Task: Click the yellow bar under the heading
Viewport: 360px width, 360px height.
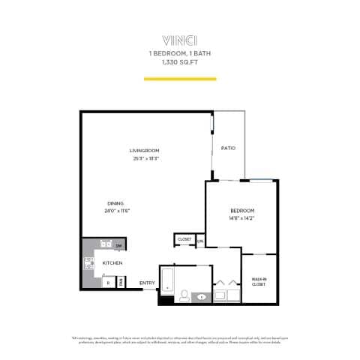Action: (x=179, y=78)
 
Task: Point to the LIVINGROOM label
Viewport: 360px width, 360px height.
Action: (x=145, y=151)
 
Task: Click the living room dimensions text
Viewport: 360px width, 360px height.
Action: (x=145, y=158)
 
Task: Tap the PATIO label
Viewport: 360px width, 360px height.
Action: (x=229, y=148)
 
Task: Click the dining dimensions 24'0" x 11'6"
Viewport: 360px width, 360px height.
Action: (x=118, y=211)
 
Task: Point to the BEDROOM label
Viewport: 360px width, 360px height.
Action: (x=242, y=210)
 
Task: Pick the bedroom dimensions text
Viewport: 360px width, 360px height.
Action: (x=242, y=217)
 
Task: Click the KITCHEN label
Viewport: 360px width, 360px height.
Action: (x=112, y=263)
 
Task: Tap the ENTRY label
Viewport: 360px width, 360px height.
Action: (x=146, y=283)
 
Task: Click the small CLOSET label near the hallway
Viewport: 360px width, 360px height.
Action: (x=184, y=239)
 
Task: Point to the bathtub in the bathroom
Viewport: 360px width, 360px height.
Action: (x=168, y=282)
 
